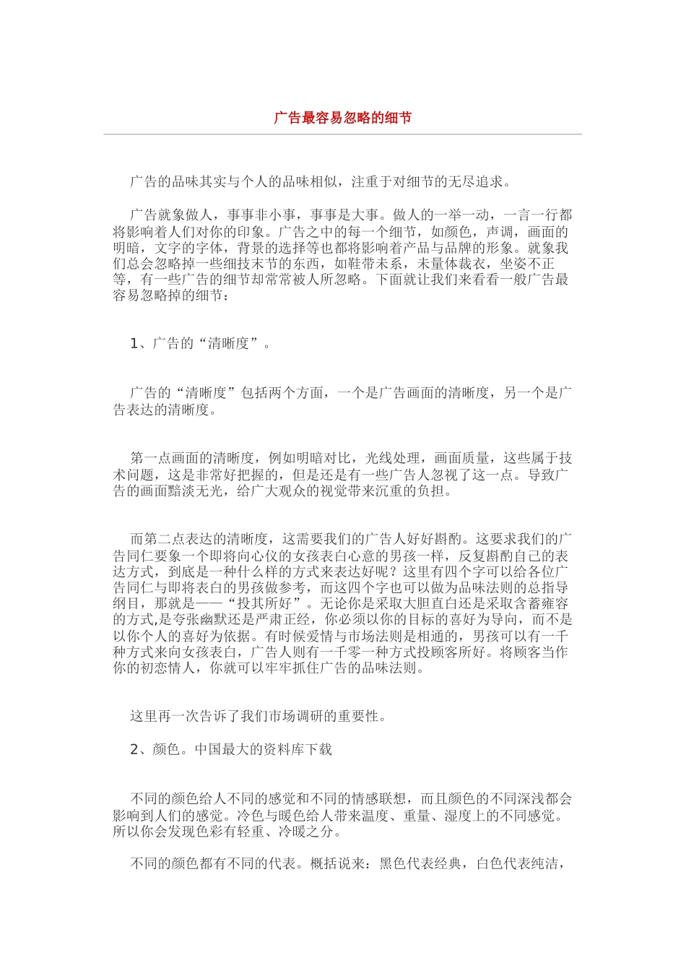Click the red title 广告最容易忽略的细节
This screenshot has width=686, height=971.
pos(342,118)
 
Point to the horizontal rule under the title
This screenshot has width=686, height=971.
pos(342,134)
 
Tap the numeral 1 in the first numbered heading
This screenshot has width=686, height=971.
pos(134,343)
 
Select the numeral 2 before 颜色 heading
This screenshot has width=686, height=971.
pos(134,749)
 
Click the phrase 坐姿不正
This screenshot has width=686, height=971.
pos(527,264)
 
